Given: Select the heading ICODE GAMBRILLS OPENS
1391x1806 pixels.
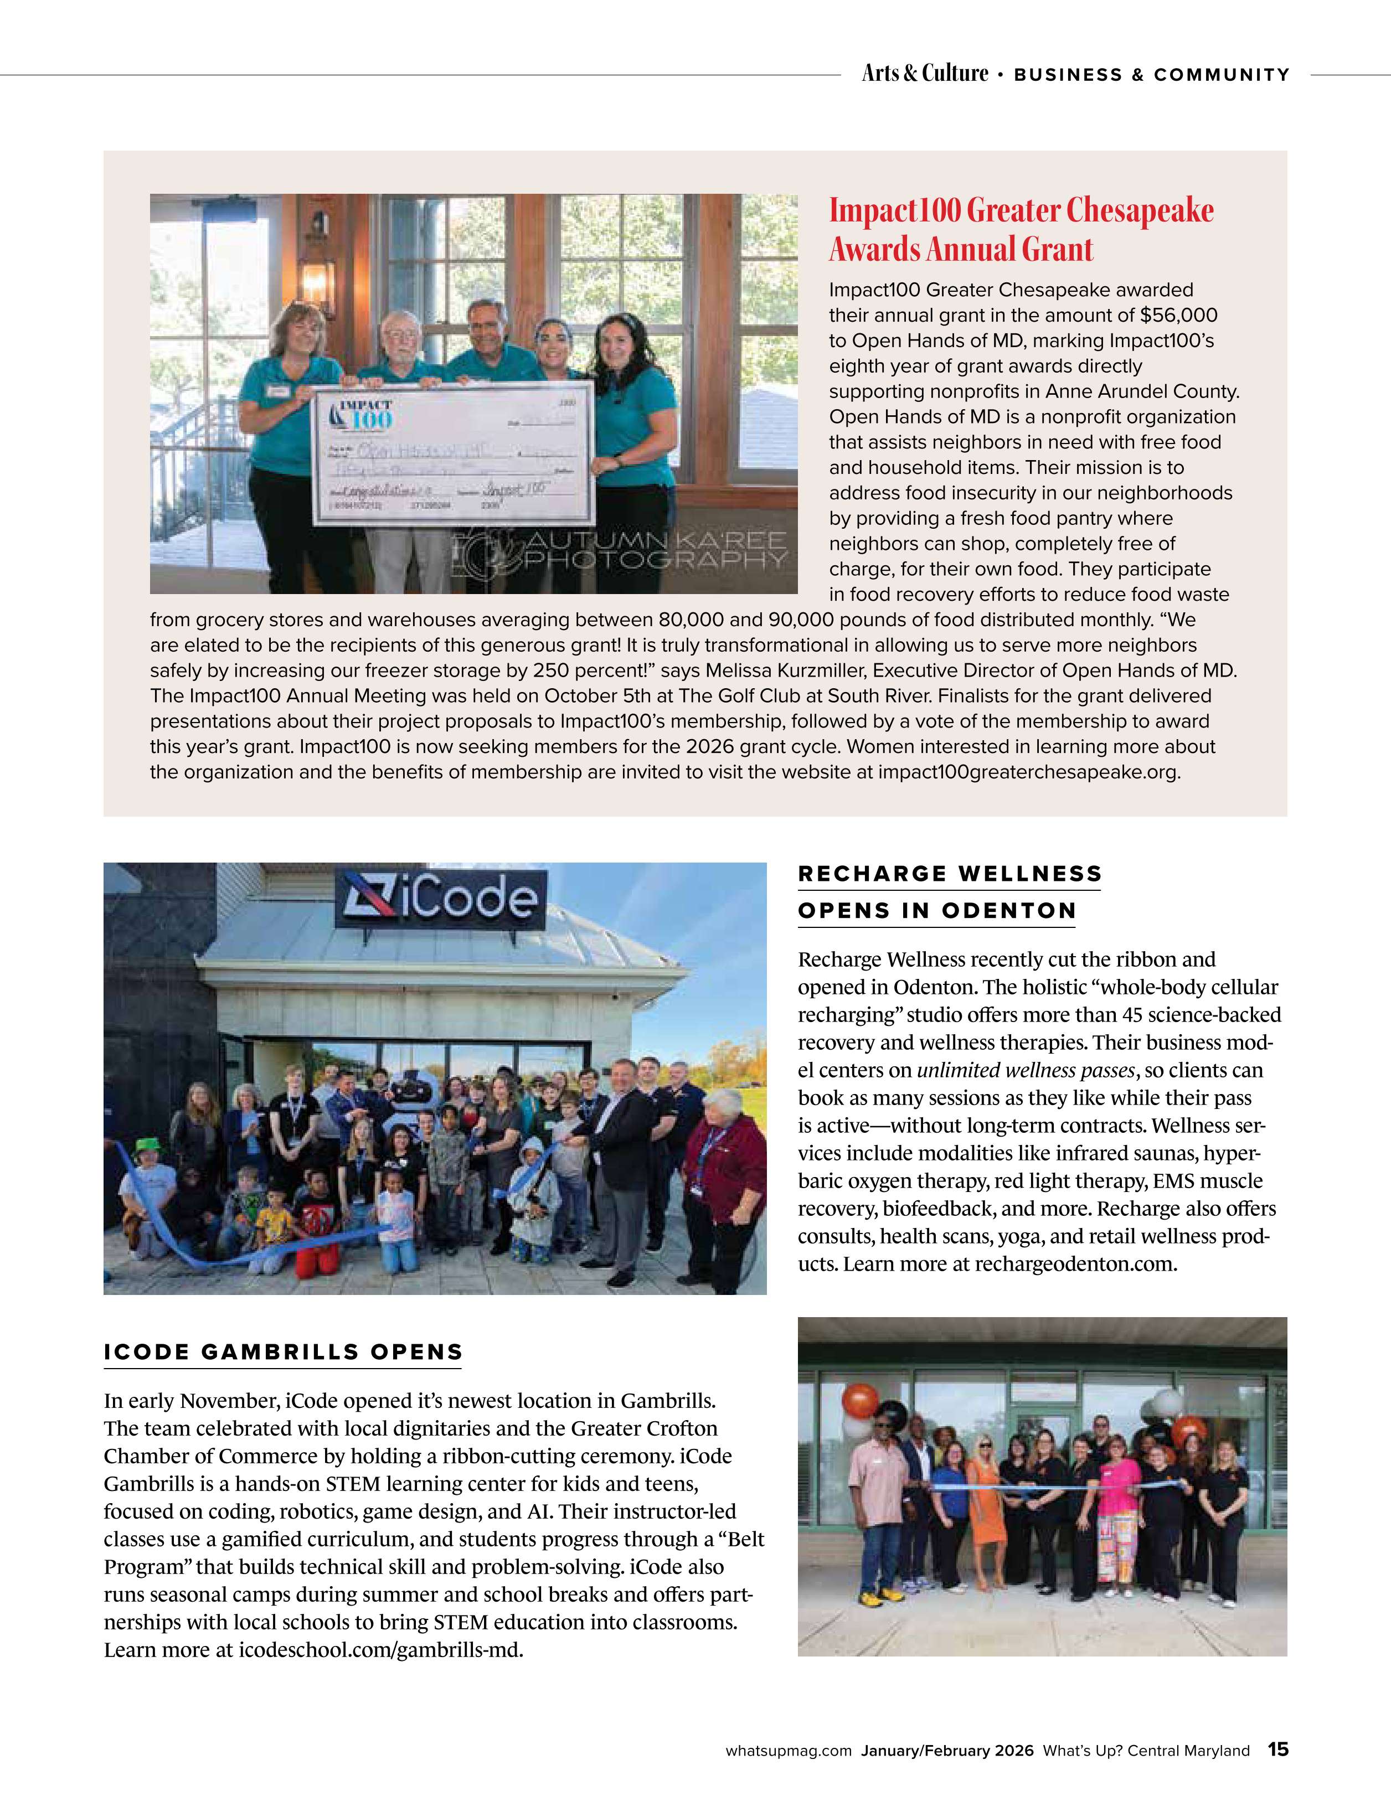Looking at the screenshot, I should click(283, 1352).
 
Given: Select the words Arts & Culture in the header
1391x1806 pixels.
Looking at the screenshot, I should click(925, 74).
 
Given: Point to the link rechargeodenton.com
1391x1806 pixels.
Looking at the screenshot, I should click(1074, 1265).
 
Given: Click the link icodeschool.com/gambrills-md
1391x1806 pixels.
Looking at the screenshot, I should click(380, 1650).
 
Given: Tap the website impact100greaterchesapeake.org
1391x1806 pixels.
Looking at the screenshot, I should click(1029, 772).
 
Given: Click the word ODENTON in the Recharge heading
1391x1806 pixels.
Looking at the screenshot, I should click(1008, 911).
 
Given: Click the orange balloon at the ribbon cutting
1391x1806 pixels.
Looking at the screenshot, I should click(860, 1401).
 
